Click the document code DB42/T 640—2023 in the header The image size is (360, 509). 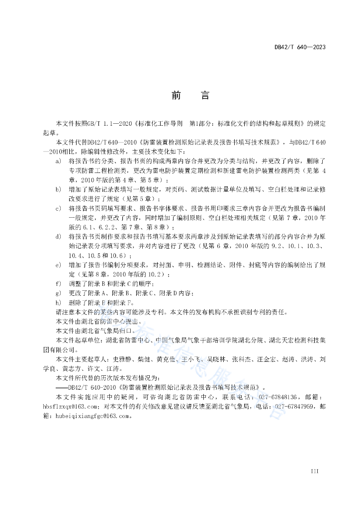(300, 47)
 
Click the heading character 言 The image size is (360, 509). (205, 95)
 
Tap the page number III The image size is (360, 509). (314, 471)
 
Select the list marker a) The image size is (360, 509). (58, 162)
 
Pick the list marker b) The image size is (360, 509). (58, 189)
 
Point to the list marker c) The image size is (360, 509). (58, 208)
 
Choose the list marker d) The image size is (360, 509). (58, 236)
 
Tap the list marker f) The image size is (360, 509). (58, 283)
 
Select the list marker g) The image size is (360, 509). (58, 292)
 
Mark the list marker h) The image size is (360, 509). (58, 302)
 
